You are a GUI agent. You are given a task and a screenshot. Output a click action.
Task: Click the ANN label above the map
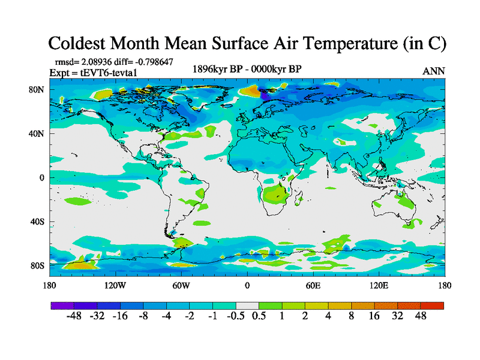pos(433,71)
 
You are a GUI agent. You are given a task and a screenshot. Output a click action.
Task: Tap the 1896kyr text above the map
pos(214,68)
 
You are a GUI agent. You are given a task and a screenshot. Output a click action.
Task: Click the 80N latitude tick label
pos(38,89)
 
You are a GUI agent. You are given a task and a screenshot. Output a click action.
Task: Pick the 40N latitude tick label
pos(38,133)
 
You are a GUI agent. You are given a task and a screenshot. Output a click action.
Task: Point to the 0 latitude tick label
pos(43,178)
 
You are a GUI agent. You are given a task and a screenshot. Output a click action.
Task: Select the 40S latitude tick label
pos(38,221)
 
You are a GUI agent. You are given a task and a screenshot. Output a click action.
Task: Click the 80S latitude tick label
pos(38,265)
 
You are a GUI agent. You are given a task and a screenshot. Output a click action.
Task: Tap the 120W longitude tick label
pos(115,285)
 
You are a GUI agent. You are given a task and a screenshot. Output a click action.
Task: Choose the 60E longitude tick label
pos(313,285)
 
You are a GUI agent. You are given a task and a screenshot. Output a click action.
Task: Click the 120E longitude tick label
pos(379,285)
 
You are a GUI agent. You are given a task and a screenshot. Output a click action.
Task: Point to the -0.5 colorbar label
pos(236,316)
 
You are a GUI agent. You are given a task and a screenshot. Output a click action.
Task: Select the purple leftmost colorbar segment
pos(62,305)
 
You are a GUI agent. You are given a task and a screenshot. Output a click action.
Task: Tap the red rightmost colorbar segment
pos(432,305)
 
